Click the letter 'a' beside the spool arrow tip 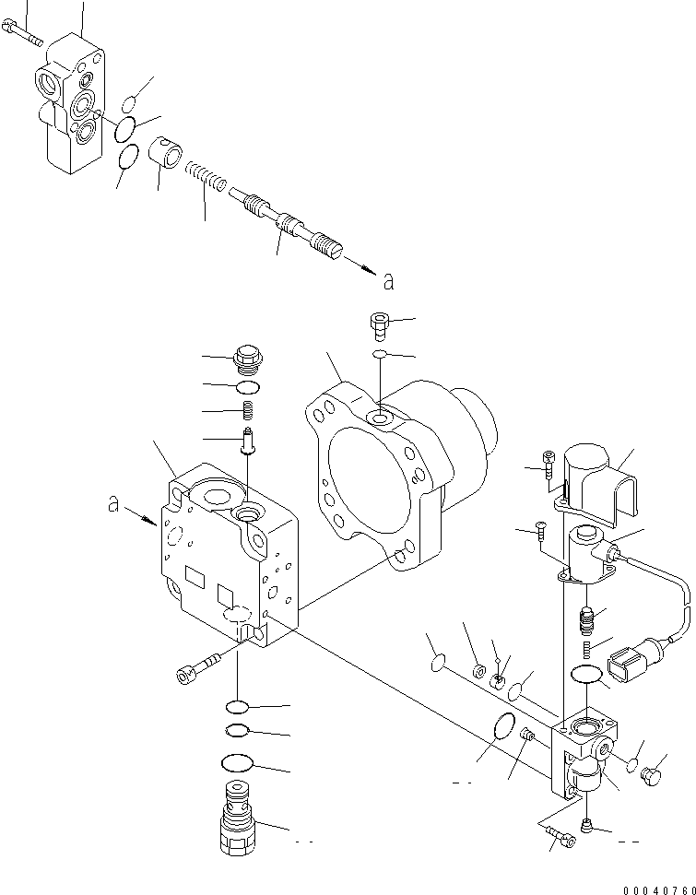pyautogui.click(x=388, y=282)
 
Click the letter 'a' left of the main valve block pyautogui.click(x=113, y=504)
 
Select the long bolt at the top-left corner pyautogui.click(x=24, y=36)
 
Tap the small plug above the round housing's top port pyautogui.click(x=378, y=324)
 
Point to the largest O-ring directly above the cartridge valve pyautogui.click(x=238, y=764)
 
